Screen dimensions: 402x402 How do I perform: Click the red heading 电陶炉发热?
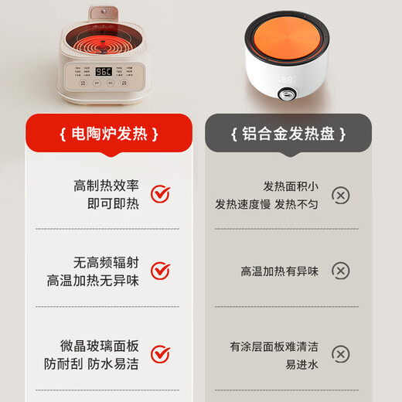pyautogui.click(x=108, y=135)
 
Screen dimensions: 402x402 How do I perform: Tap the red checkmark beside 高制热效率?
pyautogui.click(x=159, y=194)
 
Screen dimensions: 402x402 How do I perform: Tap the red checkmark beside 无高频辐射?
pyautogui.click(x=159, y=271)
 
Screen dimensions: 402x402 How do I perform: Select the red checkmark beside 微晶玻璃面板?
pyautogui.click(x=159, y=354)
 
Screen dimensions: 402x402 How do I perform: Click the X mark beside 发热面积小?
pyautogui.click(x=340, y=195)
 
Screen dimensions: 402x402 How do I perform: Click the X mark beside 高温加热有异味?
pyautogui.click(x=340, y=271)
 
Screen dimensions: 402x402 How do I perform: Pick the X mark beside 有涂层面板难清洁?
pyautogui.click(x=340, y=354)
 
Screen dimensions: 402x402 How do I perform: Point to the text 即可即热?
pyautogui.click(x=113, y=204)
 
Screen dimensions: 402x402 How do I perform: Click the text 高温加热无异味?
pyautogui.click(x=93, y=281)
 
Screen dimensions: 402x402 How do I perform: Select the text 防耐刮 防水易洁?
pyautogui.click(x=100, y=363)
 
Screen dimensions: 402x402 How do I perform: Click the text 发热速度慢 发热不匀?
pyautogui.click(x=267, y=205)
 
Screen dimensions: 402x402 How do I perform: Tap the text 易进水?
pyautogui.click(x=301, y=363)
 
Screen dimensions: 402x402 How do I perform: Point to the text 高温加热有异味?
pyautogui.click(x=279, y=271)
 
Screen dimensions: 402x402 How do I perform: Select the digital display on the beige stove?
pyautogui.click(x=104, y=71)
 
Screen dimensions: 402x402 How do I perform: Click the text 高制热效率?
pyautogui.click(x=106, y=186)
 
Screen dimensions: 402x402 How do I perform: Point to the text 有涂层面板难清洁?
pyautogui.click(x=274, y=346)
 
